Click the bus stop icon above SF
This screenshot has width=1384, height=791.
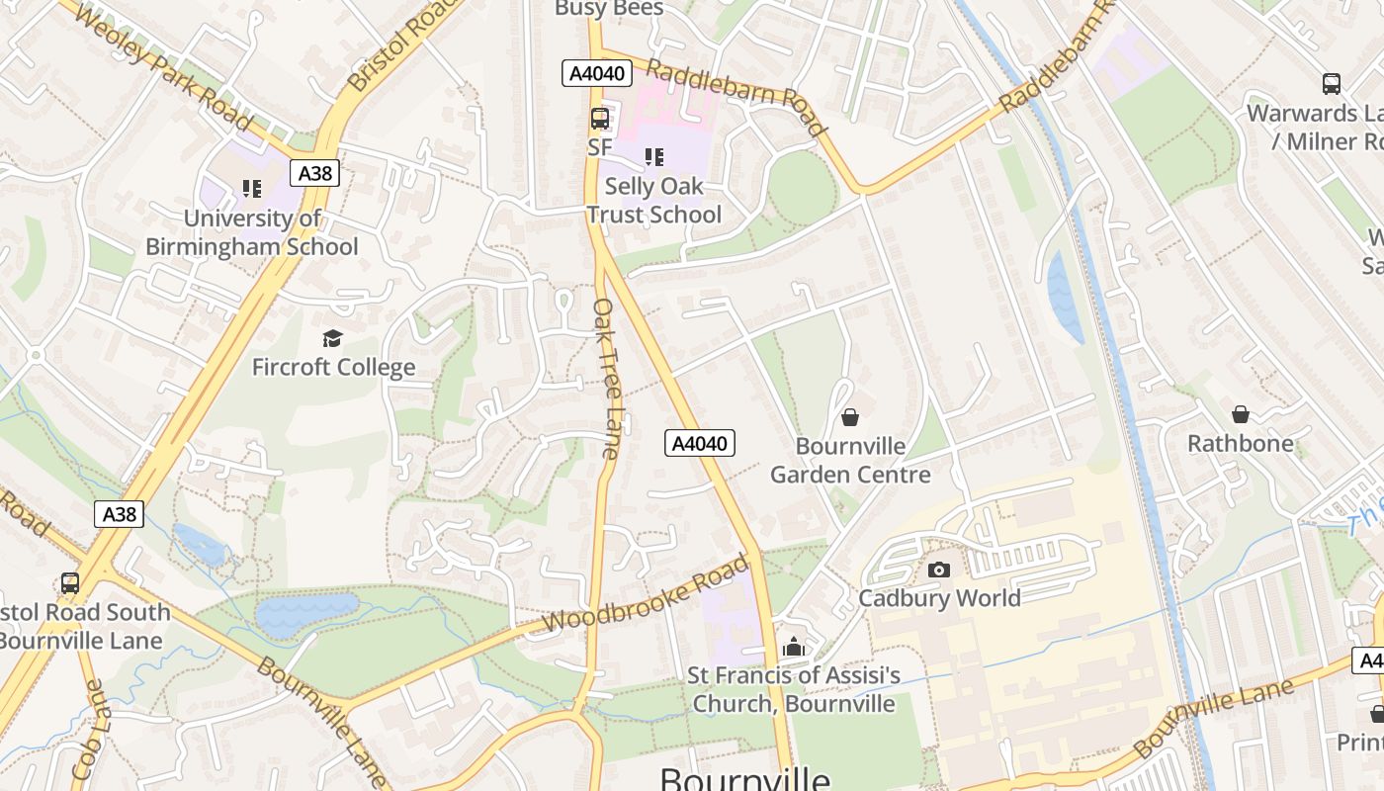click(599, 119)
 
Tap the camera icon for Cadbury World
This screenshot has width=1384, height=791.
click(939, 570)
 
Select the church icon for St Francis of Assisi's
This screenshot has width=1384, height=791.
click(793, 648)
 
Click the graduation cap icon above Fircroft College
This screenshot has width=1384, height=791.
click(332, 339)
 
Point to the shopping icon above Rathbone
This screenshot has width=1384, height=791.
click(1240, 414)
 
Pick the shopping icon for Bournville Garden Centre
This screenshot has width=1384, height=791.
click(849, 418)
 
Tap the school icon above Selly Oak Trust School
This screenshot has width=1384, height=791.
click(653, 157)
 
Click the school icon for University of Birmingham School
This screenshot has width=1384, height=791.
click(251, 188)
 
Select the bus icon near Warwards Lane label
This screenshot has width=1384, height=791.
click(1331, 84)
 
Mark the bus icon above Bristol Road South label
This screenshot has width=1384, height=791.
click(69, 583)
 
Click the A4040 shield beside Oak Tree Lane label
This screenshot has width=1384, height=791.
click(700, 444)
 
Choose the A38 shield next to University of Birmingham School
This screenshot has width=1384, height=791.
click(314, 174)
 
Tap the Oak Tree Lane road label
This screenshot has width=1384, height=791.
click(605, 379)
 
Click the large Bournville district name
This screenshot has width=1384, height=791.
click(744, 778)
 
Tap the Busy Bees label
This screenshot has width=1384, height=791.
click(609, 9)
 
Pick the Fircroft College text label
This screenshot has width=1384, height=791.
click(333, 368)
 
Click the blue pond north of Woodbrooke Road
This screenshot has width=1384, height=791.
click(306, 612)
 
